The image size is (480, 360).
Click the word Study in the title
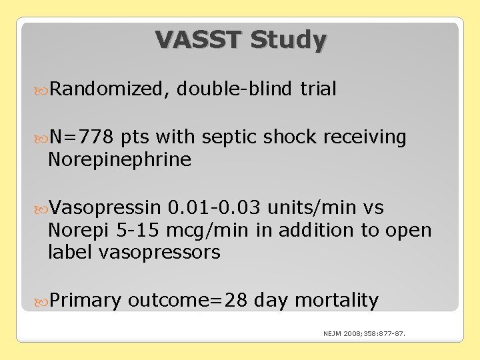(x=289, y=40)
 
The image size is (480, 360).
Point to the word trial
(x=318, y=89)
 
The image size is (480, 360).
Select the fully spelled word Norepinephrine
(x=119, y=160)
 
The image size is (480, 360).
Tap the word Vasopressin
(x=105, y=208)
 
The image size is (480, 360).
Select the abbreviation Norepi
(x=75, y=231)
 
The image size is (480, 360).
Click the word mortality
(x=336, y=301)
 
